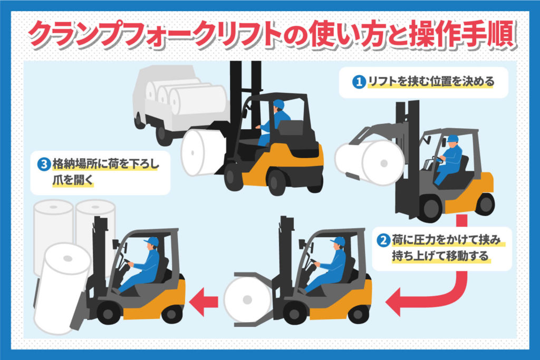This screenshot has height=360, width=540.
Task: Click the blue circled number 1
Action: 359,82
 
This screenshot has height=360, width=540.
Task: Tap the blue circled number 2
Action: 383,240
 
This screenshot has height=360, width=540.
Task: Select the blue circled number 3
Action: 44,164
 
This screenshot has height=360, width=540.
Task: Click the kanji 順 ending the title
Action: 501,34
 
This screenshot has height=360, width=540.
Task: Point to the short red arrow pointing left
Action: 204,302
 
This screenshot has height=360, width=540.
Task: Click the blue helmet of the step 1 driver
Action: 452,139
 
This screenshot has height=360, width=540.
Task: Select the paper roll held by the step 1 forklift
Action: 370,162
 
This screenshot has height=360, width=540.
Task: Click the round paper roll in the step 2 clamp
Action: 247,300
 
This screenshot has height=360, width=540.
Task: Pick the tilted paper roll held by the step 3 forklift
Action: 62,288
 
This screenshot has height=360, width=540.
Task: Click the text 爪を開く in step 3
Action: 73,180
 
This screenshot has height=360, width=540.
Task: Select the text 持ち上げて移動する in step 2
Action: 440,256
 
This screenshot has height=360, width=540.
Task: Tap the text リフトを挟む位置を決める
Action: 431,82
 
